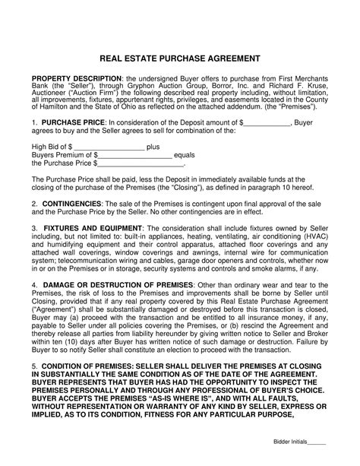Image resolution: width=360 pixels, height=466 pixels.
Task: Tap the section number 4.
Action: click(x=34, y=284)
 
